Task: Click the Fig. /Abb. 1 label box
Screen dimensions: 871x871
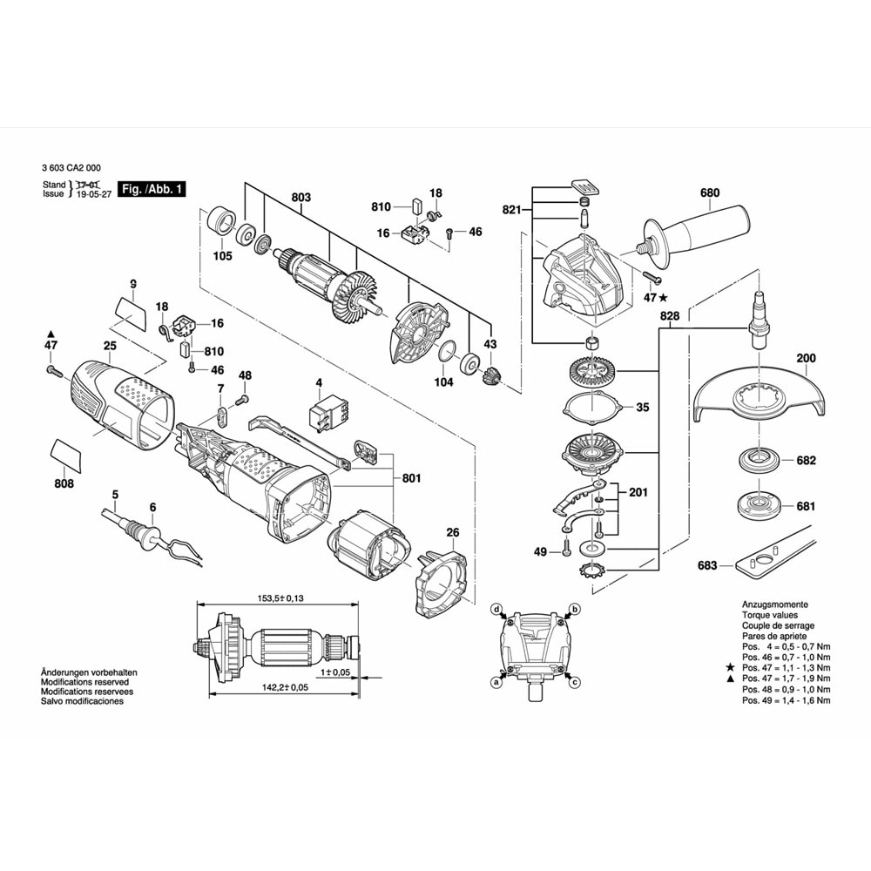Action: click(x=150, y=189)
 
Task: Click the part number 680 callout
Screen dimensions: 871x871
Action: click(x=710, y=193)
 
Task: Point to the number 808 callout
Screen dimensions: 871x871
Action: click(x=64, y=483)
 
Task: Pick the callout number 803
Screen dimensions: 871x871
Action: click(x=300, y=198)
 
